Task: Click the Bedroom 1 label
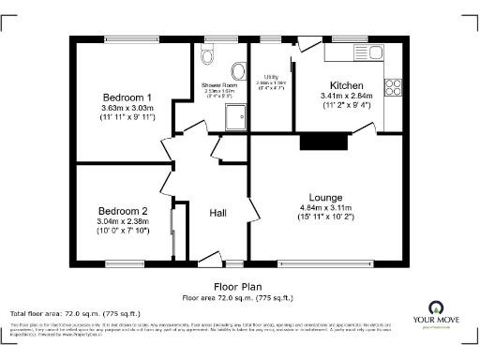coord(127,97)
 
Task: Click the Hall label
coord(217,214)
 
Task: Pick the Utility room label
coord(272,77)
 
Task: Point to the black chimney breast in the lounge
coord(312,142)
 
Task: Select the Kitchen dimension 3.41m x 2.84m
coord(346,96)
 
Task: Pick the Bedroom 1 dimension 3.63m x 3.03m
coord(127,108)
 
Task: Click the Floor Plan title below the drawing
coord(240,287)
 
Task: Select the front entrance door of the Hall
coord(211,261)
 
